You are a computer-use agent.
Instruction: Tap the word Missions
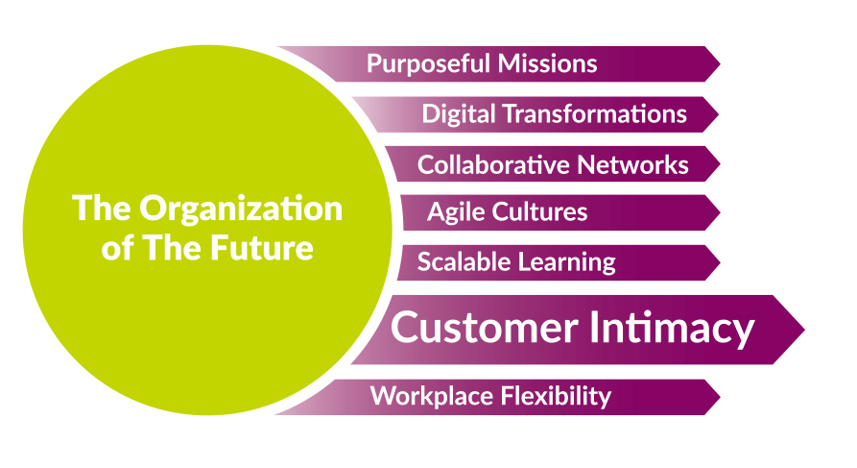point(547,63)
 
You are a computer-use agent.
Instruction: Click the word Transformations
point(594,113)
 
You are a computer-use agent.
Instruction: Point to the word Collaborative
point(493,164)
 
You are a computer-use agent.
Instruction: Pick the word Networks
point(632,164)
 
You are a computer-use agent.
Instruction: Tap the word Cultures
point(539,211)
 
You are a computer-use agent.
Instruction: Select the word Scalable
point(464,261)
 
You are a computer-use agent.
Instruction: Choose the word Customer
point(485,328)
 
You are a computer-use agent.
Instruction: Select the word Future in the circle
point(261,247)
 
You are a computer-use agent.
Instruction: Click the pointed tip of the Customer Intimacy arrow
point(804,330)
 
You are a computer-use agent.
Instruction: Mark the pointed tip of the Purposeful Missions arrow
point(721,64)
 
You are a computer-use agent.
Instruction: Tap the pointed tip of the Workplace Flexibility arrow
point(721,397)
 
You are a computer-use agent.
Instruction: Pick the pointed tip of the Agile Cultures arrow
point(721,212)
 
